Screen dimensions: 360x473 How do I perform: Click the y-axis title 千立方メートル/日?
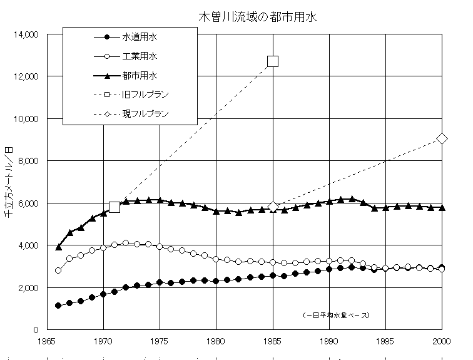pyautogui.click(x=8, y=182)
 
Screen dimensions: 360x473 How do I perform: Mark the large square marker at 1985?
pyautogui.click(x=272, y=61)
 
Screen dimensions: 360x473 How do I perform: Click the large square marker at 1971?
pyautogui.click(x=114, y=207)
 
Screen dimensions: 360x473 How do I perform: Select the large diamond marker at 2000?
pyautogui.click(x=442, y=138)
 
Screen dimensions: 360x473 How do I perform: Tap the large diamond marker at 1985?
pyautogui.click(x=272, y=207)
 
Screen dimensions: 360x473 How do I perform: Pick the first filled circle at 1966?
pyautogui.click(x=58, y=306)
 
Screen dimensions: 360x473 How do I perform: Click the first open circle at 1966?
pyautogui.click(x=58, y=270)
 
